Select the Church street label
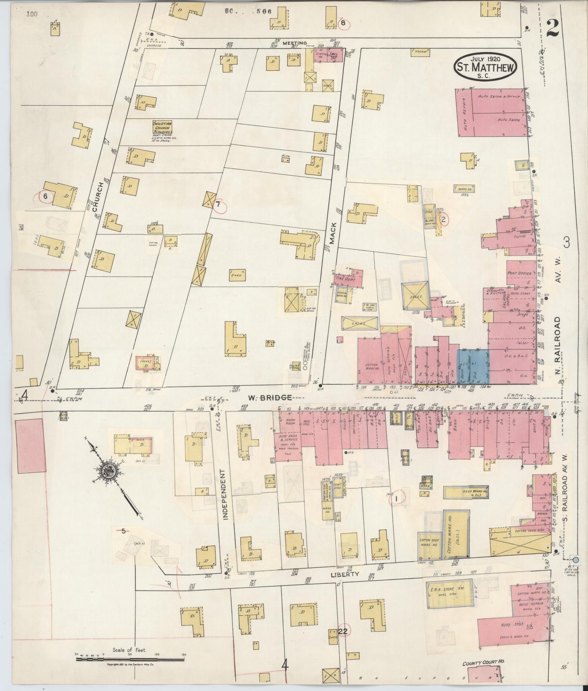point(96,197)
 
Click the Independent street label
point(224,494)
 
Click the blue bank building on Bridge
point(472,366)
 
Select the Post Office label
point(519,273)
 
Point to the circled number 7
point(218,204)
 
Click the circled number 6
point(46,196)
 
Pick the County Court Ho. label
point(483,663)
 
